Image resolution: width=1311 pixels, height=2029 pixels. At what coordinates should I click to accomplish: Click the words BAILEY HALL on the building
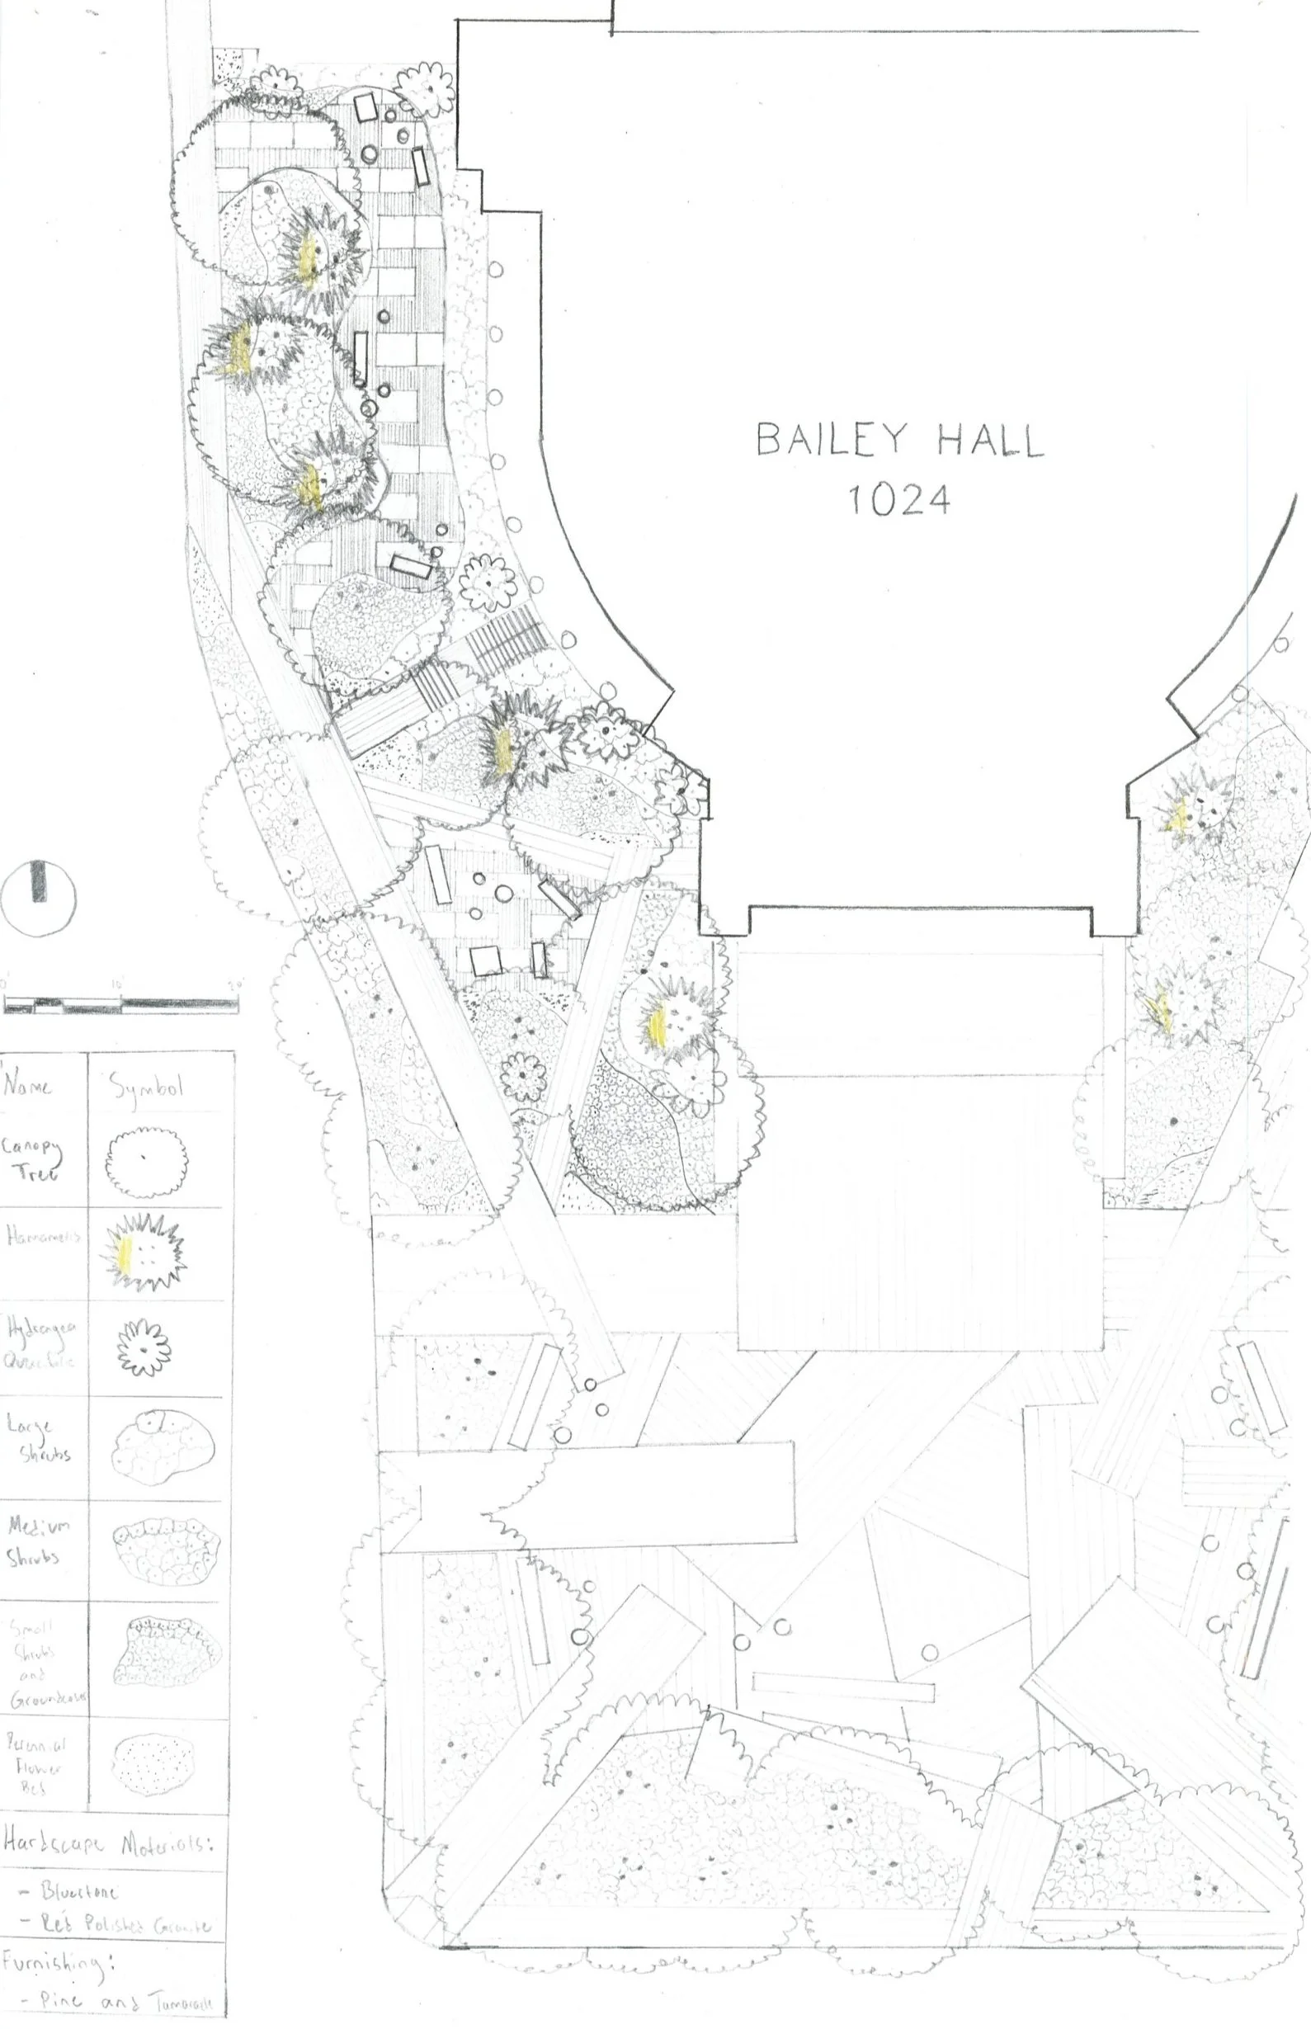coord(899,440)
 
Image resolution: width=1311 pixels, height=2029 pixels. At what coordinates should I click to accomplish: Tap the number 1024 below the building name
coord(899,500)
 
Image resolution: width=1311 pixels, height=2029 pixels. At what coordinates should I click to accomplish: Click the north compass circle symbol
coord(38,898)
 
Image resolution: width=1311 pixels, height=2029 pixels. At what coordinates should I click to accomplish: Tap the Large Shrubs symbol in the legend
coord(162,1446)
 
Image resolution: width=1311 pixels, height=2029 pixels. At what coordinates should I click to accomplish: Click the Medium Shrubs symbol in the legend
coord(166,1547)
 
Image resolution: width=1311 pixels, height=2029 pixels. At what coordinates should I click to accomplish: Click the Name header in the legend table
coord(27,1086)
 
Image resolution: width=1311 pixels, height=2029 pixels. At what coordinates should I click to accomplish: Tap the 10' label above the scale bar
coord(117,984)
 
